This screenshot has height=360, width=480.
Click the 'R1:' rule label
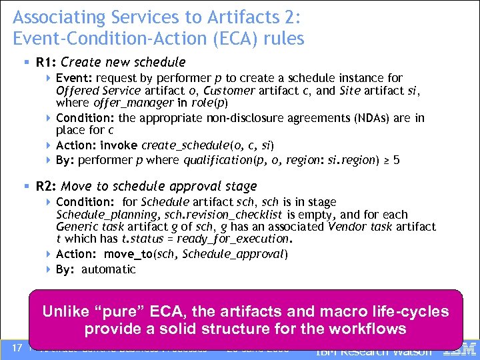coord(45,63)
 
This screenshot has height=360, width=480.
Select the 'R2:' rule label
coord(45,187)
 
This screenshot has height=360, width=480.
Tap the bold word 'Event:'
coord(75,78)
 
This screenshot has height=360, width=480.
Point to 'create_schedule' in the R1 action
coord(175,145)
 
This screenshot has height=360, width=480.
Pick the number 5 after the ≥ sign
coord(397,160)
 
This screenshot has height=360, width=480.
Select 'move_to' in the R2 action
coord(119,254)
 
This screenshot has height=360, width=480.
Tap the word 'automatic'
coord(109,269)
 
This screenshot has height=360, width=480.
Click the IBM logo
coord(463,348)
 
